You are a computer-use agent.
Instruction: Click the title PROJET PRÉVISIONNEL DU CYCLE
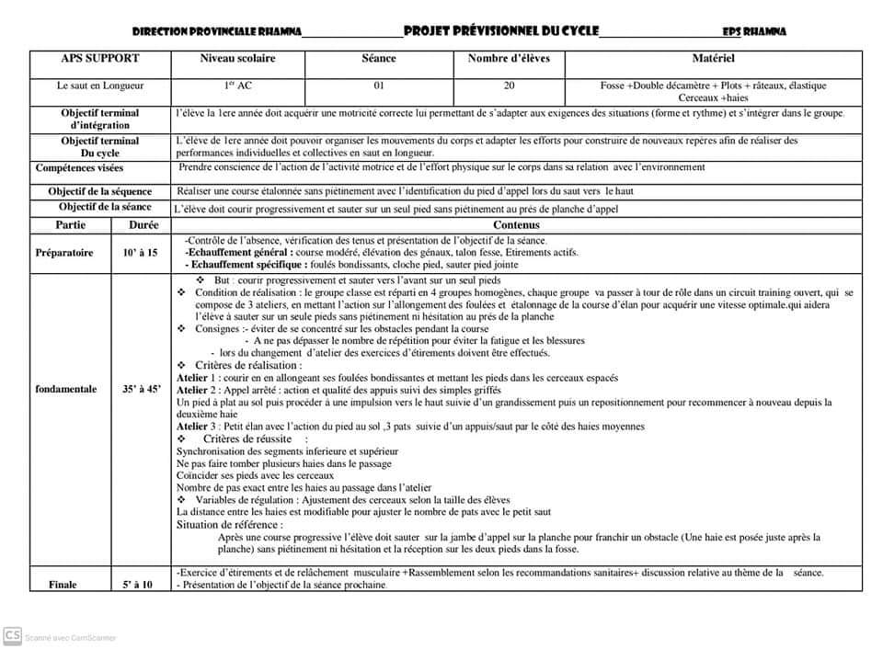tap(501, 30)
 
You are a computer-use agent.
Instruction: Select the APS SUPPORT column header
tap(100, 59)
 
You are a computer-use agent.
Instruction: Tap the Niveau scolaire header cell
tap(237, 59)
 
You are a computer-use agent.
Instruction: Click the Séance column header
tap(379, 59)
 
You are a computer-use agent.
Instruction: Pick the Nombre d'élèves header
tap(509, 59)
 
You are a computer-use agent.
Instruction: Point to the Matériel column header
tap(713, 59)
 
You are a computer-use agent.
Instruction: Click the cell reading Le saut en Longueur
tap(100, 85)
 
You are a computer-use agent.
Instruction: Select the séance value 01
tap(379, 85)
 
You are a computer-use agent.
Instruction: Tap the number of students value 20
tap(509, 85)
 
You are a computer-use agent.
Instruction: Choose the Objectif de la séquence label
tap(100, 191)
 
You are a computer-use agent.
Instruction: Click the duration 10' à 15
tap(138, 252)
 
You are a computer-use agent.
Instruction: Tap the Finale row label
tap(63, 585)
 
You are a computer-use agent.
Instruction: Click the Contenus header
tap(516, 225)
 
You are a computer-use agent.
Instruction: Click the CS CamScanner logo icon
tap(13, 635)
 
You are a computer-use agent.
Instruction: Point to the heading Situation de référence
tap(229, 525)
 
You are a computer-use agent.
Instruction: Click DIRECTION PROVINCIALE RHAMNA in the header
tap(216, 31)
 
